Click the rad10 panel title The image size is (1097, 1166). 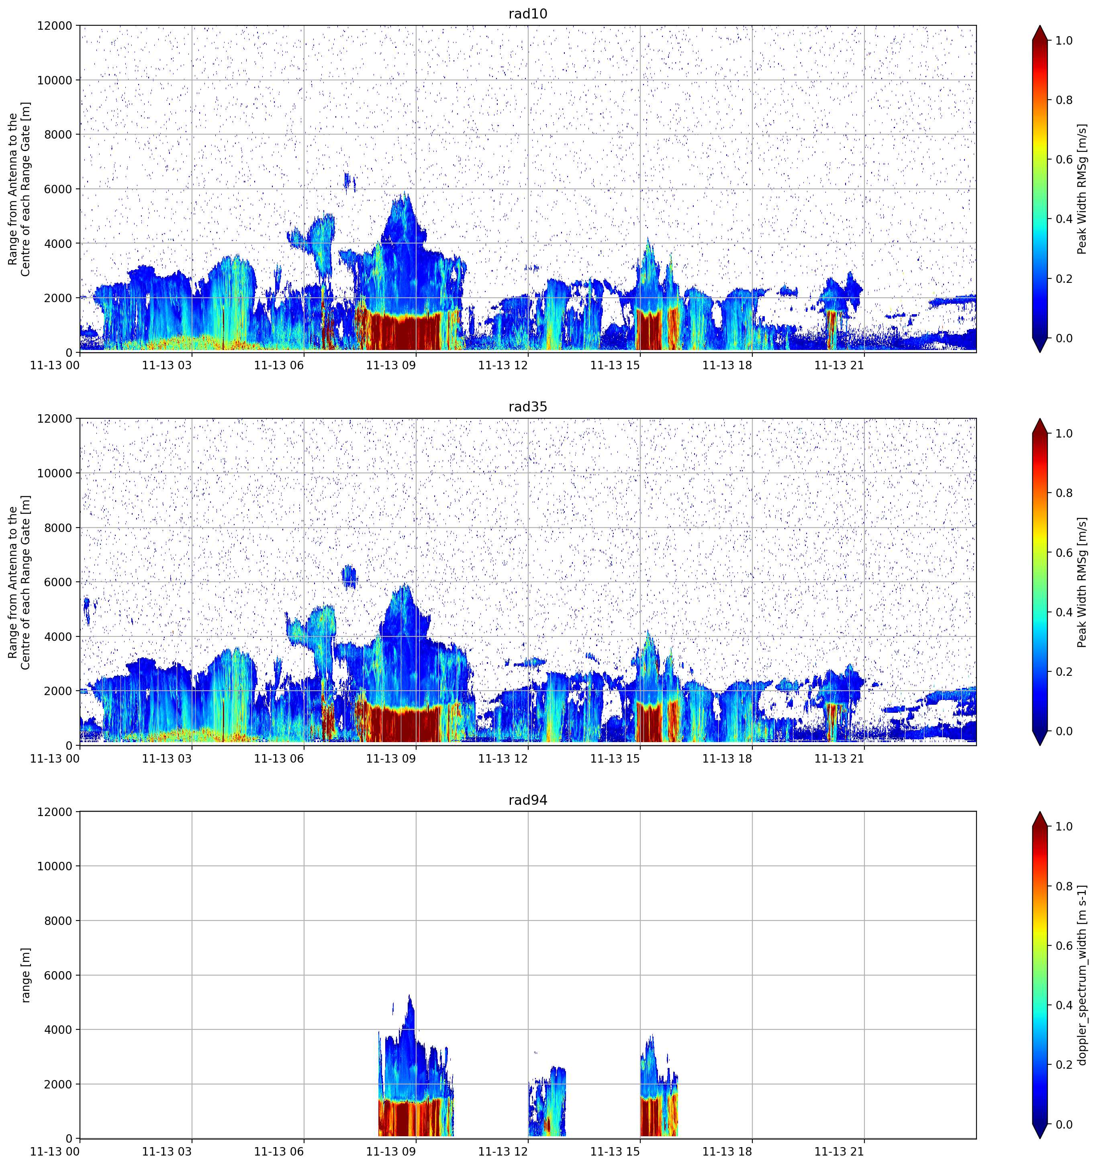click(528, 14)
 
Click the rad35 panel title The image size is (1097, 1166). click(528, 407)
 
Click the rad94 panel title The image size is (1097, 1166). click(528, 800)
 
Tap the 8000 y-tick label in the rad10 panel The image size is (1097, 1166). click(59, 134)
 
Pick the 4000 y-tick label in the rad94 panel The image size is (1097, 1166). click(59, 1030)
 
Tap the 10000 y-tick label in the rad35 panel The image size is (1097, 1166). click(55, 473)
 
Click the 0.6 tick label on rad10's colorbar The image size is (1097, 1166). click(1064, 160)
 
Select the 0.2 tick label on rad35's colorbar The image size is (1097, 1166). click(1064, 671)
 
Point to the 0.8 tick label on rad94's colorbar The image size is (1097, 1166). click(1064, 886)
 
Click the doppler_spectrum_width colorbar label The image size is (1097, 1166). click(1083, 975)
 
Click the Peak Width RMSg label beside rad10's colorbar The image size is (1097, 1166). click(1083, 189)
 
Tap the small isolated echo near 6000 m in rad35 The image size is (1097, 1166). click(349, 577)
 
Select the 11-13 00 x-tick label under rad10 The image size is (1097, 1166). click(55, 365)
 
